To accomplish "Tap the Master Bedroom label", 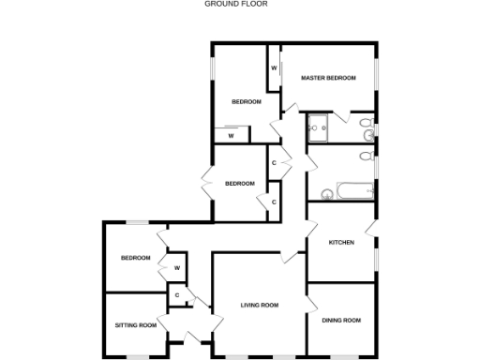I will click(328, 78).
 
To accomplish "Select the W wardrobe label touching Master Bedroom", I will click(274, 68).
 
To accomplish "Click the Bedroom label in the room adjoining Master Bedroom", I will click(247, 101).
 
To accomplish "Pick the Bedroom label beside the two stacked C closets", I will click(240, 184).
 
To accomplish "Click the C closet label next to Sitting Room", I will click(175, 296).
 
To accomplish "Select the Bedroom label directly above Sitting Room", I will click(135, 258).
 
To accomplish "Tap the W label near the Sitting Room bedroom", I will click(176, 270).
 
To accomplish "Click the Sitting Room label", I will click(136, 325).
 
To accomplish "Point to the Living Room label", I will click(260, 306).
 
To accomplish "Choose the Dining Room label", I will click(341, 321).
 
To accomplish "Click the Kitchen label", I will click(340, 243).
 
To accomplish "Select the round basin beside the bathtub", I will click(327, 195).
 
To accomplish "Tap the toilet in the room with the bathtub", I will click(367, 158).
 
